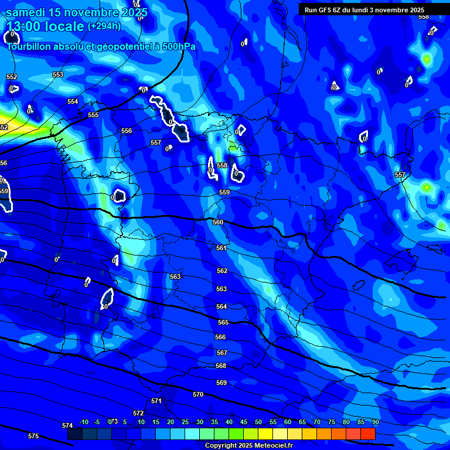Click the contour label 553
pyautogui.click(x=58, y=74)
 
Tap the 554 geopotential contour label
pyautogui.click(x=73, y=101)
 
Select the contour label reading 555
pyautogui.click(x=93, y=115)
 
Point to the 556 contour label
pyautogui.click(x=127, y=131)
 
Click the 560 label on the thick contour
pyautogui.click(x=218, y=222)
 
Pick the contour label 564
pyautogui.click(x=221, y=306)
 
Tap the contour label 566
pyautogui.click(x=220, y=337)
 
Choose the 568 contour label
pyautogui.click(x=221, y=366)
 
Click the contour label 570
pyautogui.click(x=198, y=394)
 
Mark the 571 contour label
pyautogui.click(x=156, y=401)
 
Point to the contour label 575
pyautogui.click(x=33, y=436)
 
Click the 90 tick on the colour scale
pyautogui.click(x=375, y=422)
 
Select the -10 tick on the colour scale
pyautogui.click(x=84, y=422)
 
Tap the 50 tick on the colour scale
pyautogui.click(x=258, y=422)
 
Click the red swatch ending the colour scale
pyautogui.click(x=368, y=434)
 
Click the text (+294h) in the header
pyautogui.click(x=104, y=26)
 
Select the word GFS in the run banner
pyautogui.click(x=333, y=10)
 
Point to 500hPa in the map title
pyautogui.click(x=177, y=46)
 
